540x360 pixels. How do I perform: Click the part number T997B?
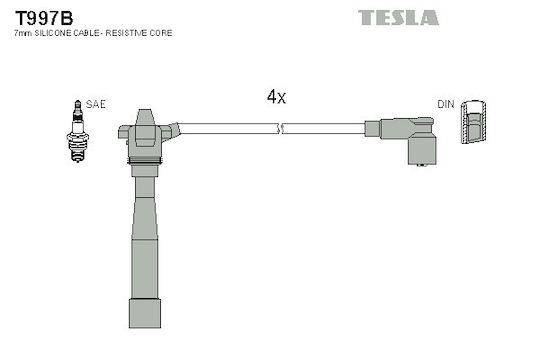click(x=44, y=18)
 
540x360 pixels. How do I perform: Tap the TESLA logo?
click(x=398, y=18)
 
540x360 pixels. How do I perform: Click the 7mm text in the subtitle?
click(x=23, y=33)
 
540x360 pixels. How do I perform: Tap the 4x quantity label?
click(x=276, y=97)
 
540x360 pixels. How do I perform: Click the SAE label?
click(x=96, y=104)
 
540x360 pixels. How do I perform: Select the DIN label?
click(x=446, y=104)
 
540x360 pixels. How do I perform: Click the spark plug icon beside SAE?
click(x=78, y=131)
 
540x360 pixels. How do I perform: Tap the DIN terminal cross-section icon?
click(x=474, y=122)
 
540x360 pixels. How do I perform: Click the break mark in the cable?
click(x=280, y=128)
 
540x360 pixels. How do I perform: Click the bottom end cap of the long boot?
click(x=145, y=313)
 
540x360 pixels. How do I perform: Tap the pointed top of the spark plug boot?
click(x=145, y=117)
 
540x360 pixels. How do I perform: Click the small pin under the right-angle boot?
click(x=422, y=165)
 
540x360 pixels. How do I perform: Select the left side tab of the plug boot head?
click(x=124, y=132)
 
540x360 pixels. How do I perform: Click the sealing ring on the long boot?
click(x=145, y=161)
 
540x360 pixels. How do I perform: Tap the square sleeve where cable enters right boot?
click(x=372, y=128)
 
